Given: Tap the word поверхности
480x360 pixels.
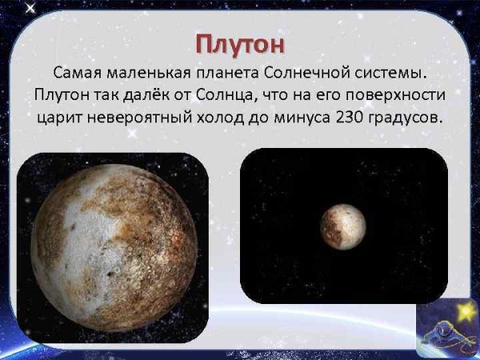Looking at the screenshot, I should click(400, 95).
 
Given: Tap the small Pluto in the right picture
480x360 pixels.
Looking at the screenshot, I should click(343, 226).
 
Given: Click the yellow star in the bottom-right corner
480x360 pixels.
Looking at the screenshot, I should click(462, 309).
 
